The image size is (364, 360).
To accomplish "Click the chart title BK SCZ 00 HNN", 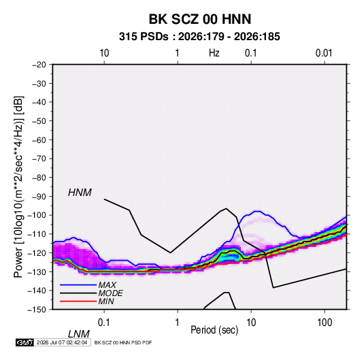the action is point(199,19).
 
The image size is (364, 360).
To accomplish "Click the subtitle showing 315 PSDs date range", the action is point(199,37).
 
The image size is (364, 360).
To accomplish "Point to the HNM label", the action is point(80,193).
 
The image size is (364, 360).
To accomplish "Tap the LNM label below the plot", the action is point(78,334).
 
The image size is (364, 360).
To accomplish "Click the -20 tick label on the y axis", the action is point(39,65).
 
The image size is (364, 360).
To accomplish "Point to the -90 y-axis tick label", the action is point(39,197).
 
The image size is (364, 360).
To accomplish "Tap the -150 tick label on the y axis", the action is point(37,310).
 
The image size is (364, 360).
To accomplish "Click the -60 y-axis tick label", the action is point(39,140).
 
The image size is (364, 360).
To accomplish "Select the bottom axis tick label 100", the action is point(325,323).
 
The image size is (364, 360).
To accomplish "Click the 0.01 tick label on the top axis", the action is point(324,53).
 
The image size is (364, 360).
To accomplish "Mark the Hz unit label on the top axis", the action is point(214,53).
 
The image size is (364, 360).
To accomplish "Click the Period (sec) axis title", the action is point(214,330).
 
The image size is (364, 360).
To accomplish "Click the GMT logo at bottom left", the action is point(24,342).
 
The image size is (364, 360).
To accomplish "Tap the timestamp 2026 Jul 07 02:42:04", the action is point(62,342).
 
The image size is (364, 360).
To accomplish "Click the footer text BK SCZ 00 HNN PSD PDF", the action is point(123,342).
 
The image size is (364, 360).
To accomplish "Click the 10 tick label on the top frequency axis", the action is point(104,53).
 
